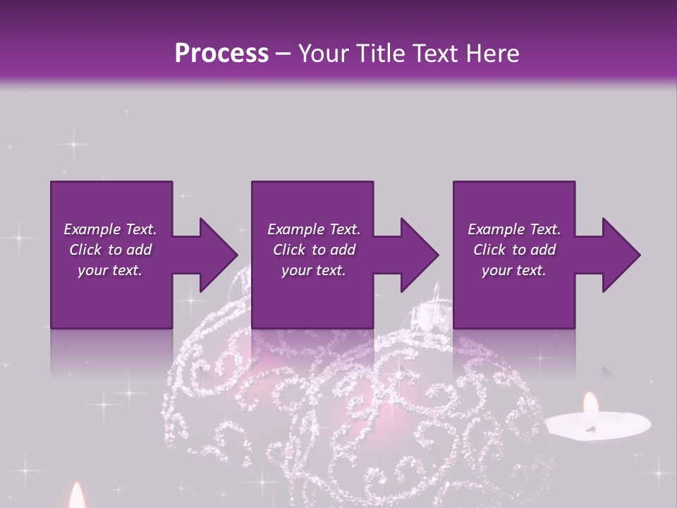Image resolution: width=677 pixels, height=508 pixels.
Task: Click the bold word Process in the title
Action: point(221,53)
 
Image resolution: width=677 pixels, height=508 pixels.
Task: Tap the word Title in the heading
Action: point(373,53)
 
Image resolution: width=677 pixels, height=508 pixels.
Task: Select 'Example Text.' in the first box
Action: point(110,229)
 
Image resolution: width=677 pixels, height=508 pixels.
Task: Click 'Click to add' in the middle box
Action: point(314,250)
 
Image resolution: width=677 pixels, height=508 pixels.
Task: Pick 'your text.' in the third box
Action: point(513,270)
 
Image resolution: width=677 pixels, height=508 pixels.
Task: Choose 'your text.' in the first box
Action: point(110,270)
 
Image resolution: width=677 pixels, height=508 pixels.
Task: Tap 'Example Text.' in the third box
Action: point(514,229)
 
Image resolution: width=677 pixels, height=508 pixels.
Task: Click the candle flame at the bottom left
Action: point(76,495)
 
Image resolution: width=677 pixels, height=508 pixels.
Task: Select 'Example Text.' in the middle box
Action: point(314,229)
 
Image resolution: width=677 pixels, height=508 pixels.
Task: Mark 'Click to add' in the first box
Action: point(110,250)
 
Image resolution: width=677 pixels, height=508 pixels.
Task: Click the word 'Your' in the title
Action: point(325,53)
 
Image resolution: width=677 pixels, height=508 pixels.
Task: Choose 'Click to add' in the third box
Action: point(514,250)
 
